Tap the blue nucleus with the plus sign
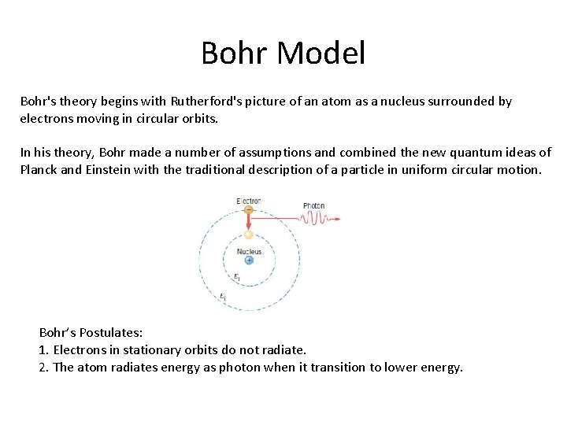point(249,260)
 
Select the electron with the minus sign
point(249,210)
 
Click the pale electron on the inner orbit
point(249,235)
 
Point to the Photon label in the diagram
point(313,206)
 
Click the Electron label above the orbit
point(249,201)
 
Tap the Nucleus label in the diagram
point(249,251)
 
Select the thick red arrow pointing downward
point(249,222)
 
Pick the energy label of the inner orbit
point(236,277)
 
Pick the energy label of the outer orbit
point(223,297)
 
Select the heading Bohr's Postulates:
point(91,332)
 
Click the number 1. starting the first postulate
point(43,349)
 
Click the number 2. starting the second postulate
point(43,367)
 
